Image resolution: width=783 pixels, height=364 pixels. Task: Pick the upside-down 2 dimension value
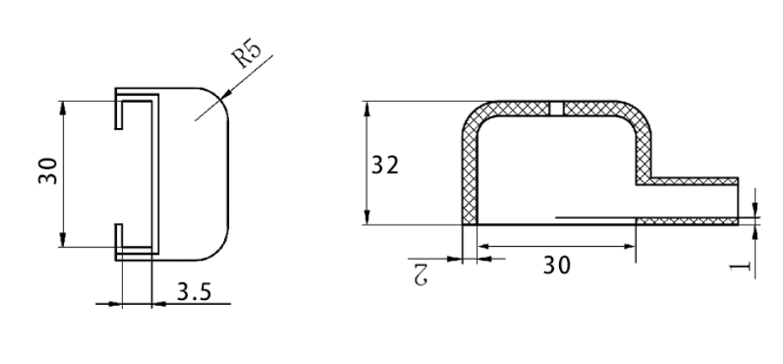[419, 273]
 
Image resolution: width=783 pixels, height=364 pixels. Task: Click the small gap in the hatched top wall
[556, 108]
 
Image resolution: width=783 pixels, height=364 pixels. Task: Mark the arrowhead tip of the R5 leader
[221, 97]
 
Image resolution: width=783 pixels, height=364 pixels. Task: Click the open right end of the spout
[737, 202]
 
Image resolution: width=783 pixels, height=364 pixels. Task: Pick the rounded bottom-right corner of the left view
[220, 250]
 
